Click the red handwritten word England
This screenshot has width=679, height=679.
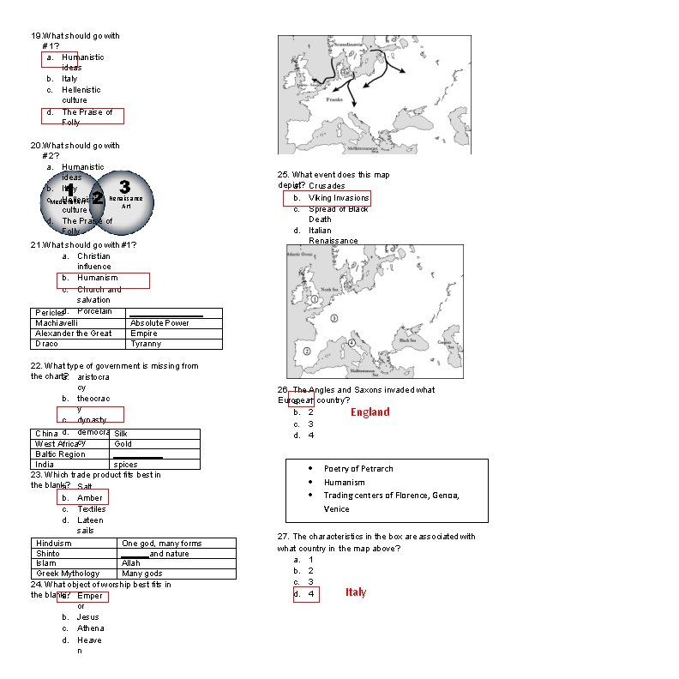pyautogui.click(x=370, y=412)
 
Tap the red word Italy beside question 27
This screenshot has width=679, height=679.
pyautogui.click(x=356, y=592)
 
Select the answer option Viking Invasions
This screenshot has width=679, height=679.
pyautogui.click(x=338, y=198)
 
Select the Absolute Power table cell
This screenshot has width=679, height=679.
pyautogui.click(x=159, y=323)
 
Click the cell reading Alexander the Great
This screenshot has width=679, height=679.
pyautogui.click(x=73, y=333)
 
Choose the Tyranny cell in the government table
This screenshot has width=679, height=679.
pyautogui.click(x=146, y=344)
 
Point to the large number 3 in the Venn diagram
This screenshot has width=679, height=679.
pyautogui.click(x=124, y=186)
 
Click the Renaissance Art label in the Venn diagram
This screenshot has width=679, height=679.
pyautogui.click(x=126, y=201)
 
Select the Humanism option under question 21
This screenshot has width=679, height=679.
pyautogui.click(x=97, y=278)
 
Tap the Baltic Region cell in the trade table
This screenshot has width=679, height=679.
pyautogui.click(x=60, y=454)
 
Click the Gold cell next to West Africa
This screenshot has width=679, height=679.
pyautogui.click(x=123, y=444)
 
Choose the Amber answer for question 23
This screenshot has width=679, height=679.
pyautogui.click(x=89, y=498)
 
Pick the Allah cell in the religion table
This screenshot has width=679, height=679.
pyautogui.click(x=130, y=563)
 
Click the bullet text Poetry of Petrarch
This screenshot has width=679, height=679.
pyautogui.click(x=358, y=469)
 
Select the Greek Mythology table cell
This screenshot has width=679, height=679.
pyautogui.click(x=68, y=574)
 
